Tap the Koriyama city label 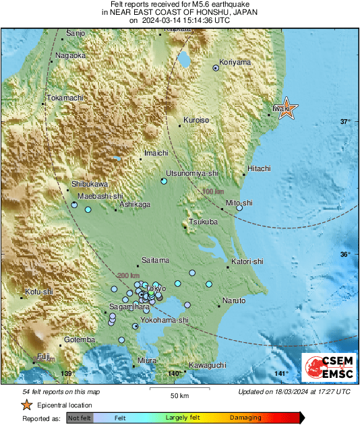[x=235, y=62]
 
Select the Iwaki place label [x=281, y=107]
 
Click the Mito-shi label [x=239, y=202]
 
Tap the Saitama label [x=156, y=260]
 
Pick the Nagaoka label [x=71, y=55]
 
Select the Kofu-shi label [x=38, y=292]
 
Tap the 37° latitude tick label [x=344, y=122]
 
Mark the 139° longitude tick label [x=66, y=373]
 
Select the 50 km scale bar [x=179, y=390]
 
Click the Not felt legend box [x=79, y=418]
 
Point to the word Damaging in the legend [x=245, y=418]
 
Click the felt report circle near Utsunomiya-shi [x=164, y=181]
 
